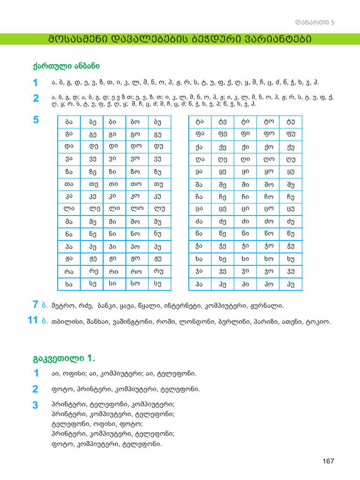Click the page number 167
pyautogui.click(x=328, y=461)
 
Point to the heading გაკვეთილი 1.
pyautogui.click(x=64, y=359)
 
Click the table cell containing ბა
pyautogui.click(x=69, y=122)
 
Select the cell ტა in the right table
pyautogui.click(x=199, y=122)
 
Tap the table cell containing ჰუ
pyautogui.click(x=291, y=284)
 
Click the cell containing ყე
pyautogui.click(x=222, y=172)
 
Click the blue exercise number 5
pyautogui.click(x=36, y=120)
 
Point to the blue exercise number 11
pyautogui.click(x=32, y=321)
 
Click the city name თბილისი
pyautogui.click(x=65, y=322)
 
